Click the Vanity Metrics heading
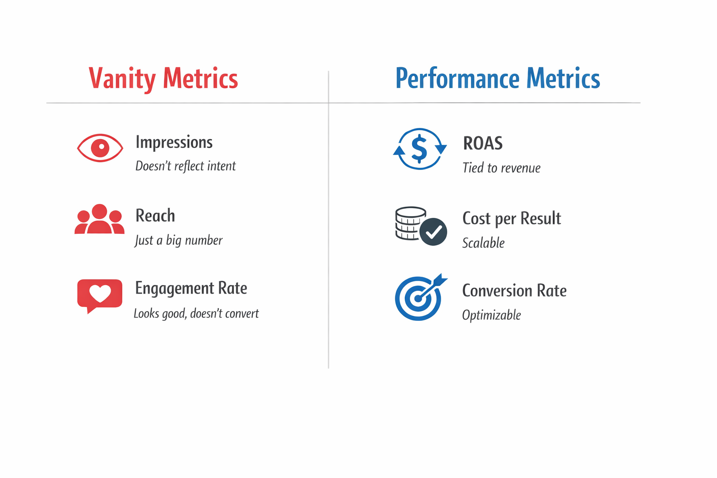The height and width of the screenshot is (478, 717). (x=163, y=78)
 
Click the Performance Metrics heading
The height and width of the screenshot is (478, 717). (x=498, y=78)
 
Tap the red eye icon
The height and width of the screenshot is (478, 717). (x=100, y=148)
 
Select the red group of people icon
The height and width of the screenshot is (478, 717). (x=99, y=219)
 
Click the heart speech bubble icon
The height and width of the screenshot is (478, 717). (x=100, y=295)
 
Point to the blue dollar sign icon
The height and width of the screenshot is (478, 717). (x=420, y=148)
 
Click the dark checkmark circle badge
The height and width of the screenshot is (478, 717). (x=433, y=232)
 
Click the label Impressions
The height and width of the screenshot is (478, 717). (x=174, y=142)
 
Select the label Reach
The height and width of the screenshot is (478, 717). (x=155, y=216)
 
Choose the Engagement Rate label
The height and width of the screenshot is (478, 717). (x=191, y=288)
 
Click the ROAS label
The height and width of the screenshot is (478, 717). (x=483, y=143)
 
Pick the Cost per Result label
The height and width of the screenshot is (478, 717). (x=512, y=218)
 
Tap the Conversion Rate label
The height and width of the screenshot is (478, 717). (x=514, y=290)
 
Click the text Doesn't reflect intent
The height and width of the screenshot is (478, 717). (x=185, y=166)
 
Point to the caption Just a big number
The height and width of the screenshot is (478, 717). (x=178, y=240)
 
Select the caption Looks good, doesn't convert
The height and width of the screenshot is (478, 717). (x=196, y=313)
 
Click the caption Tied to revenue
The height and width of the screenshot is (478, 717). (x=501, y=168)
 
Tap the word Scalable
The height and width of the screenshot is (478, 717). (x=483, y=243)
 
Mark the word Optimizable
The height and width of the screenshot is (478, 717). (x=491, y=315)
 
